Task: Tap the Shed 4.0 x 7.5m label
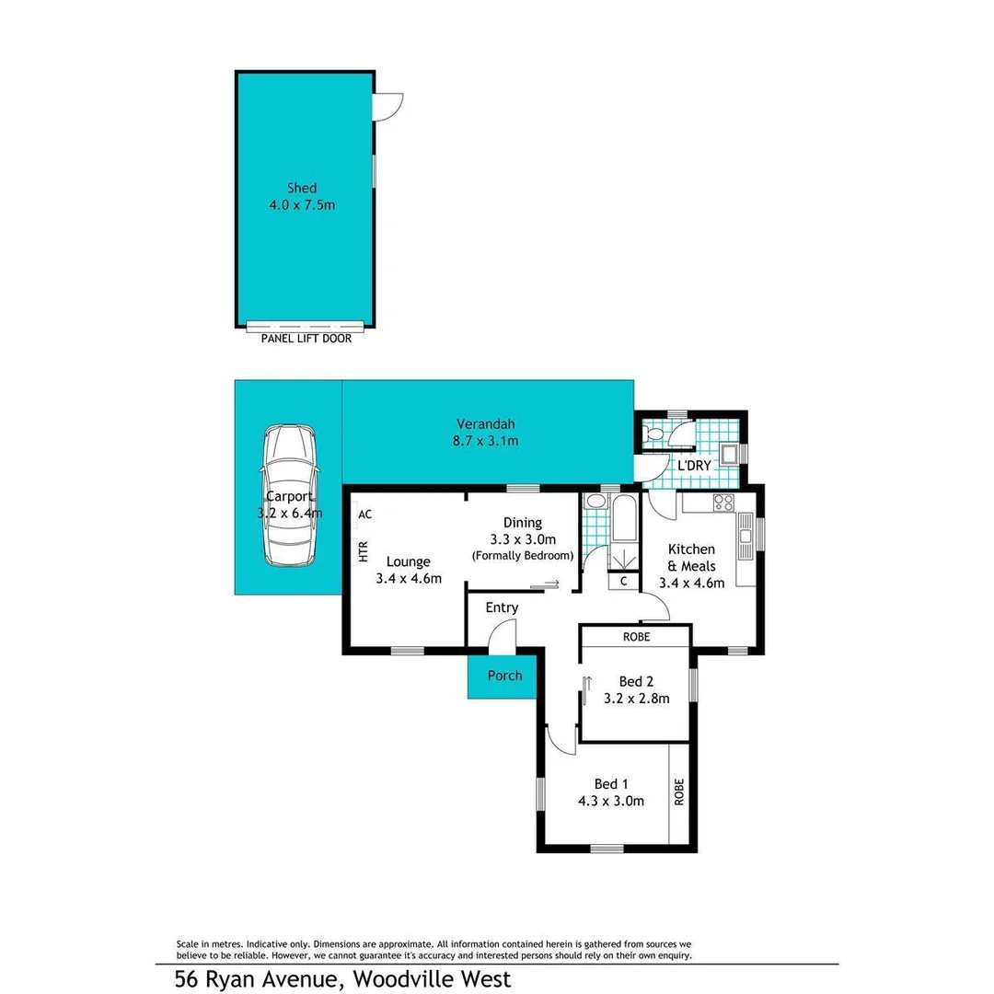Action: click(x=302, y=196)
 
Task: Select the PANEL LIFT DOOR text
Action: click(x=306, y=339)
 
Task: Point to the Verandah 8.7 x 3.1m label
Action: click(x=487, y=433)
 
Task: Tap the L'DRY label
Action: click(x=694, y=466)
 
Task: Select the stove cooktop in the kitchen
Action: click(x=723, y=503)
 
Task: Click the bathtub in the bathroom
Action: click(x=623, y=519)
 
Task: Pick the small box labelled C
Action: click(x=623, y=581)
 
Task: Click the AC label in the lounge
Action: click(x=365, y=514)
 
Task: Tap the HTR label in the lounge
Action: click(x=363, y=551)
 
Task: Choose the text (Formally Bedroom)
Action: click(x=522, y=556)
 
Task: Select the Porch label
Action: click(x=504, y=676)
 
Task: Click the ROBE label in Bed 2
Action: click(x=636, y=636)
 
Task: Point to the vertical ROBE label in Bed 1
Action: click(x=679, y=792)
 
